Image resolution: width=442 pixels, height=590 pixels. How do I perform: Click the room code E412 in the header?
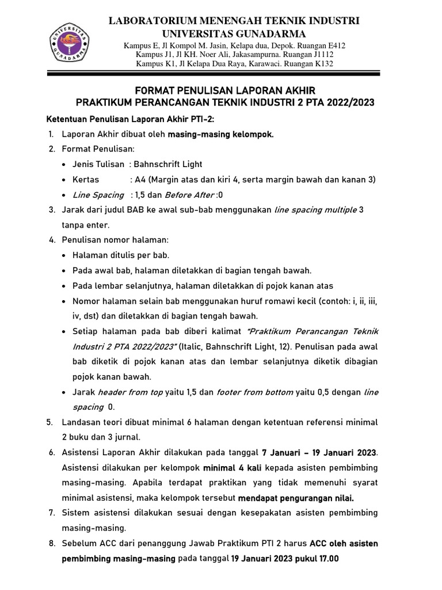[x=334, y=45]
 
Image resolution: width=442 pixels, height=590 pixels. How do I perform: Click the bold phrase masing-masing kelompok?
[x=221, y=134]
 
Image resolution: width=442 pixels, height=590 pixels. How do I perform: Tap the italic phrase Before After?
[x=189, y=195]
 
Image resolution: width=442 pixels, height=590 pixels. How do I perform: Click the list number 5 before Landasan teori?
[x=50, y=422]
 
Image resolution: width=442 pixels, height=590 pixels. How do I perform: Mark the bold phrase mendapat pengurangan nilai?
[x=304, y=498]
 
